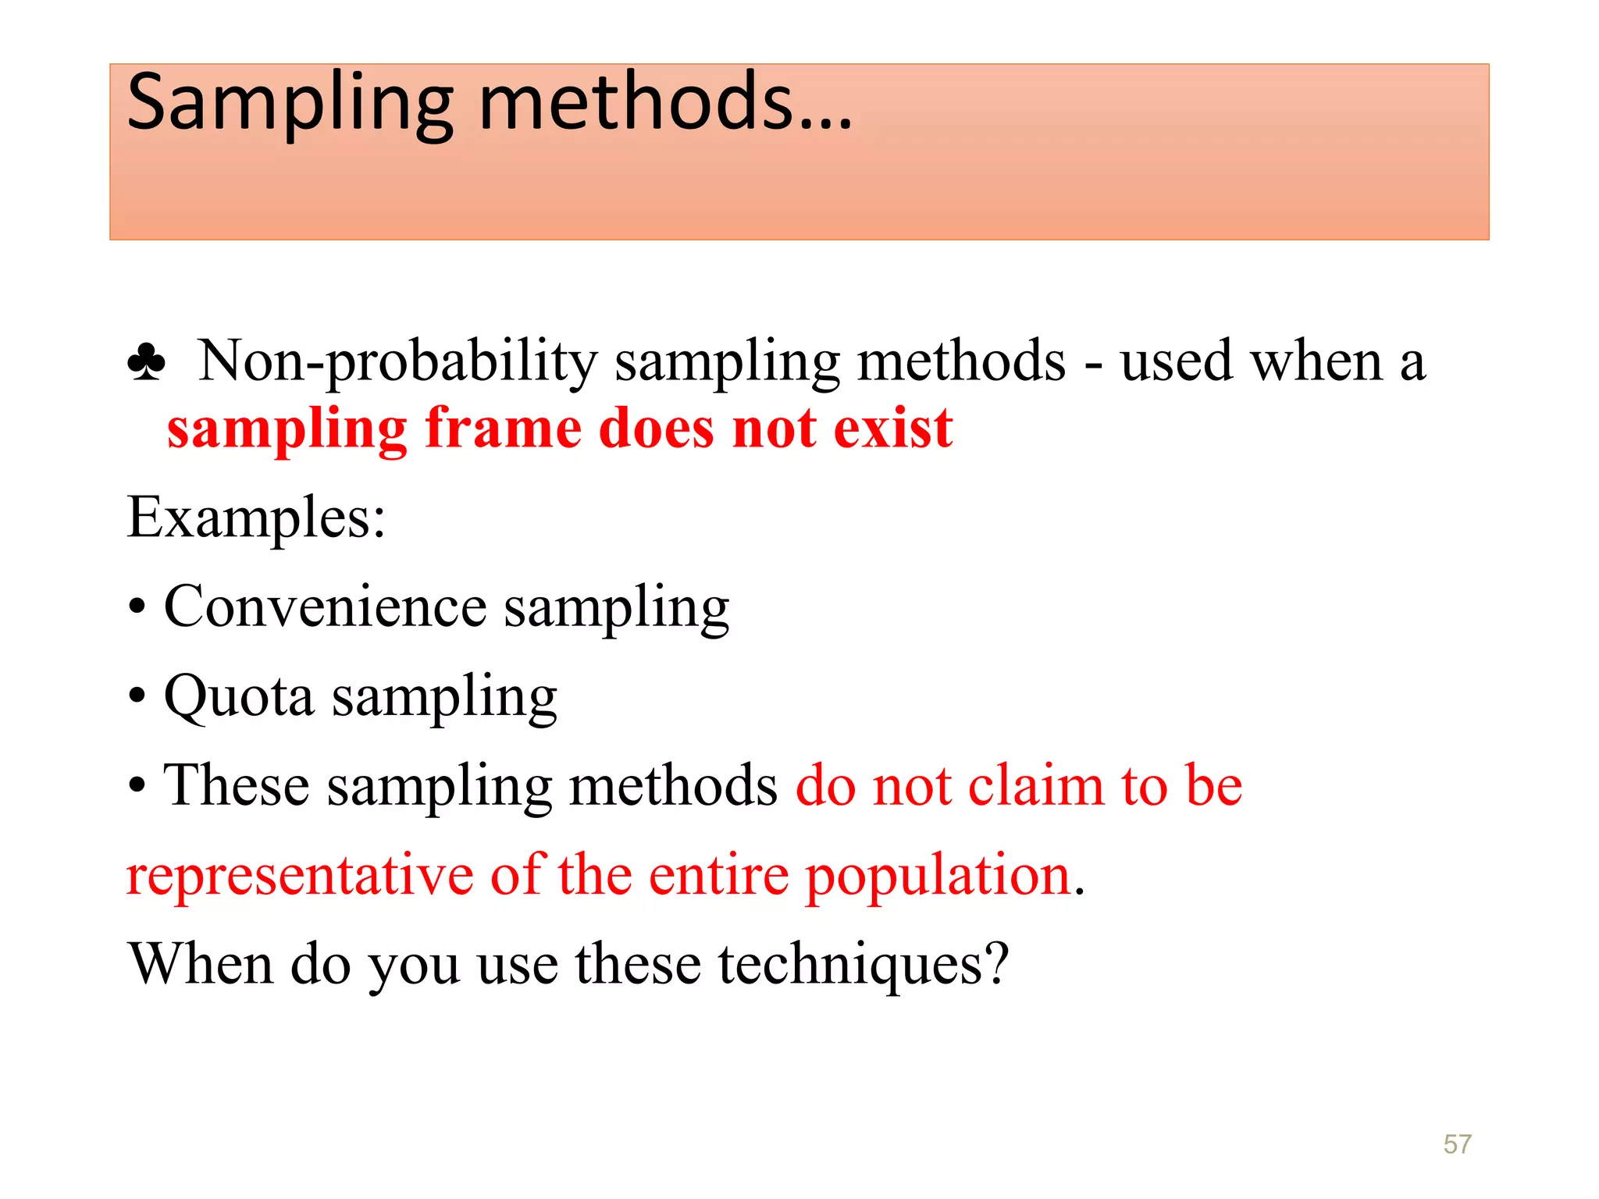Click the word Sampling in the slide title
(290, 103)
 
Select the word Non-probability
(397, 361)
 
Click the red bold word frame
(503, 429)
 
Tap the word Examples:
(256, 518)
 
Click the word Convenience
(325, 607)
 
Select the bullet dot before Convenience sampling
(137, 609)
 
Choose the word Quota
(239, 696)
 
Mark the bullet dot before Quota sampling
(137, 697)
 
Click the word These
(236, 785)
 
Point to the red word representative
(300, 875)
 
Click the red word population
(938, 877)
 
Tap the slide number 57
(1457, 1144)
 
